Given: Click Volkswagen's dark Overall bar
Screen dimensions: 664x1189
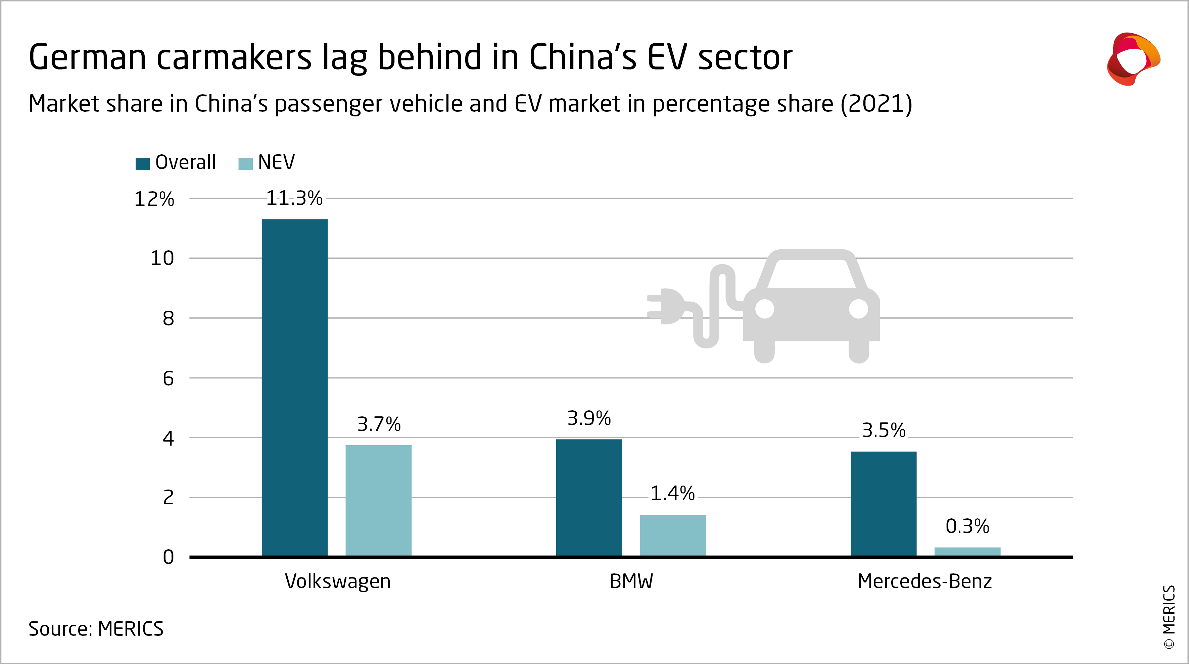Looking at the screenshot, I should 294,388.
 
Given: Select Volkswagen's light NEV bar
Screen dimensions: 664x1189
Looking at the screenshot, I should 379,501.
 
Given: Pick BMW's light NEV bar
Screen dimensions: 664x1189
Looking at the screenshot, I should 672,535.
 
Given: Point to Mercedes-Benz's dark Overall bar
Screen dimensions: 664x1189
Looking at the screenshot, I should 884,504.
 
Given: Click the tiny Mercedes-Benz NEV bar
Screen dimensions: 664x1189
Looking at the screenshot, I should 967,551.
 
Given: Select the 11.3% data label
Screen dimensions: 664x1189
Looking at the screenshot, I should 294,198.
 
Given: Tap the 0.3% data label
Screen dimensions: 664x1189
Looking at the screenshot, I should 967,526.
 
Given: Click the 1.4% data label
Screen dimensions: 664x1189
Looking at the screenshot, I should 672,494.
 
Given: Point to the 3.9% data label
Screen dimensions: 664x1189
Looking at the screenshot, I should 589,418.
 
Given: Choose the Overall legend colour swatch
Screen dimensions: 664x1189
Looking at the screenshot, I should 143,164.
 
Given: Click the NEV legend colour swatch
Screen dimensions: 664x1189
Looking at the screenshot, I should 245,164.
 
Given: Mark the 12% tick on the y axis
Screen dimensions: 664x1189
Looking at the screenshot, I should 154,199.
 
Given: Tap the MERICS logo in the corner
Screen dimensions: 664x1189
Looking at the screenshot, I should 1133,59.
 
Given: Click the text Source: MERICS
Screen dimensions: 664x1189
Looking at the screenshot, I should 96,629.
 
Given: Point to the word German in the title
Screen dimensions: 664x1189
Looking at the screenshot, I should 87,58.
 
